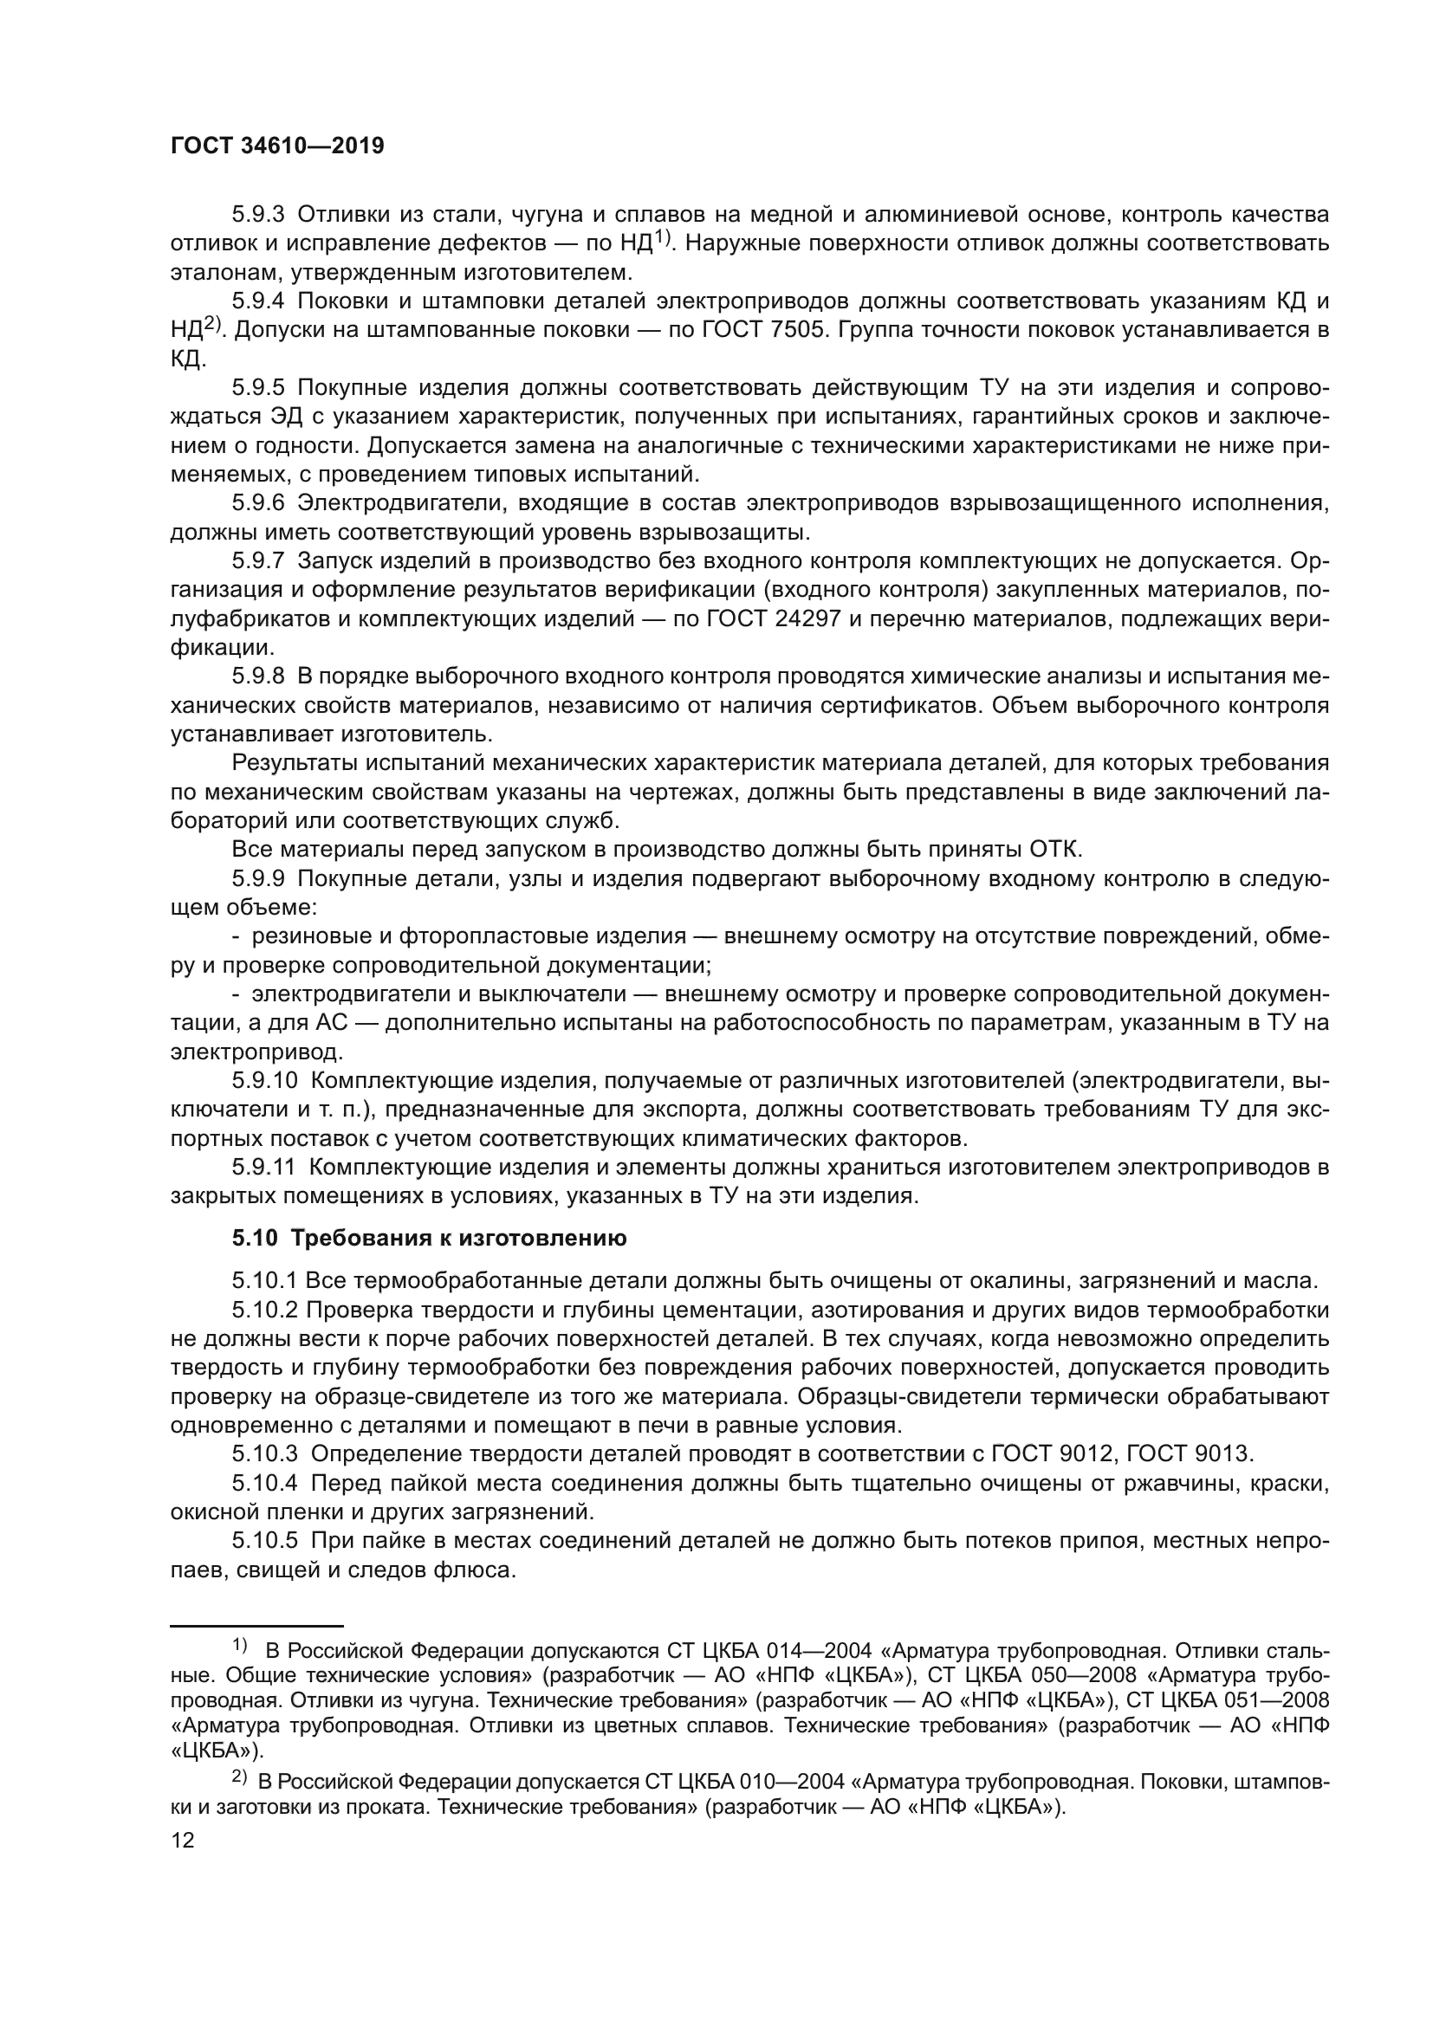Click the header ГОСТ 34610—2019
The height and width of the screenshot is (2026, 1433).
click(277, 146)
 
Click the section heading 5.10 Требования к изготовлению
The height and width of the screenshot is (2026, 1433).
click(429, 1238)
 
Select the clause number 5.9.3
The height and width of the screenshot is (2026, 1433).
click(257, 215)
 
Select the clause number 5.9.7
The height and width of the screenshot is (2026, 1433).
click(257, 561)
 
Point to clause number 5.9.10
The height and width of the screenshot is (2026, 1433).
click(264, 1081)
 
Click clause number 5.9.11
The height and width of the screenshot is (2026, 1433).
click(263, 1168)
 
